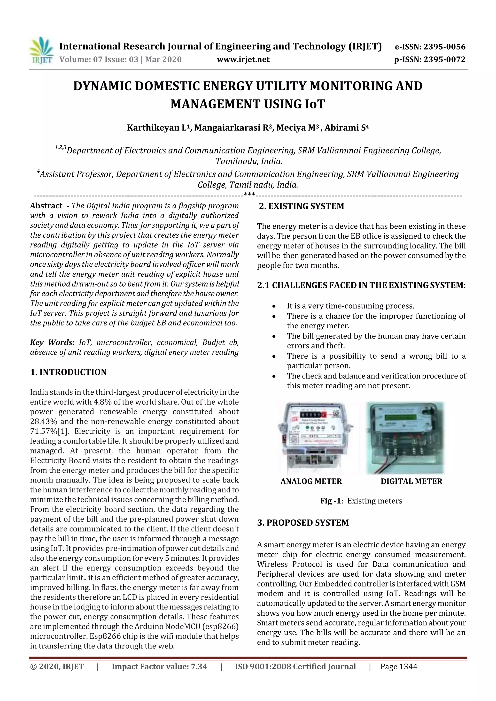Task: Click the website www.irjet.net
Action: (243, 59)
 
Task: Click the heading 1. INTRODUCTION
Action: (69, 372)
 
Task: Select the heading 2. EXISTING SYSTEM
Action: (301, 206)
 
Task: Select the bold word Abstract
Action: (46, 206)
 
